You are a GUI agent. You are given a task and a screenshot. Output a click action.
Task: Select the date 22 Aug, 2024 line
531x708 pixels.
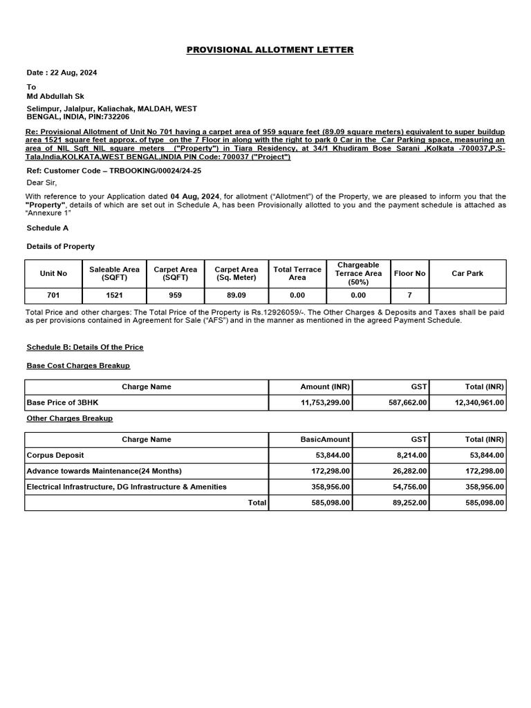click(x=62, y=73)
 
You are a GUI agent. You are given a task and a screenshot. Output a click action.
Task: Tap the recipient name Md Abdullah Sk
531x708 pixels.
click(x=55, y=96)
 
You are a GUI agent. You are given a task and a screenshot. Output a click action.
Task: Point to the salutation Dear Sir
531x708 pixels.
click(x=41, y=183)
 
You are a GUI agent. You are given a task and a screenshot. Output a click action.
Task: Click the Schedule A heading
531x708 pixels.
click(x=48, y=228)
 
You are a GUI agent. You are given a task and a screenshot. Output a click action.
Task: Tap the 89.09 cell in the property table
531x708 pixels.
click(x=236, y=295)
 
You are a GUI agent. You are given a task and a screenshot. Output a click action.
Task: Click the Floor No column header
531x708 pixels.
click(x=409, y=274)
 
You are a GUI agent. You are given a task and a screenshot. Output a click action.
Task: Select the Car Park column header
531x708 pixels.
click(x=467, y=274)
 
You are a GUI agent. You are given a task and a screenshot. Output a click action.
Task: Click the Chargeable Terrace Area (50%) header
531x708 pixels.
click(x=358, y=274)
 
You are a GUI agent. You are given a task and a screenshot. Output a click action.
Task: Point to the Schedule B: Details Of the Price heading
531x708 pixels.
click(x=85, y=347)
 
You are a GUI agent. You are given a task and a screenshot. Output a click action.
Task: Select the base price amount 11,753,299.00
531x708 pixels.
click(x=326, y=402)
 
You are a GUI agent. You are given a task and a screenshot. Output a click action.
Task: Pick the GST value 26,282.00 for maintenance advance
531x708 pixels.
click(x=407, y=471)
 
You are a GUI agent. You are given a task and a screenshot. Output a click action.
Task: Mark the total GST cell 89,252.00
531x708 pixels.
click(x=407, y=503)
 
